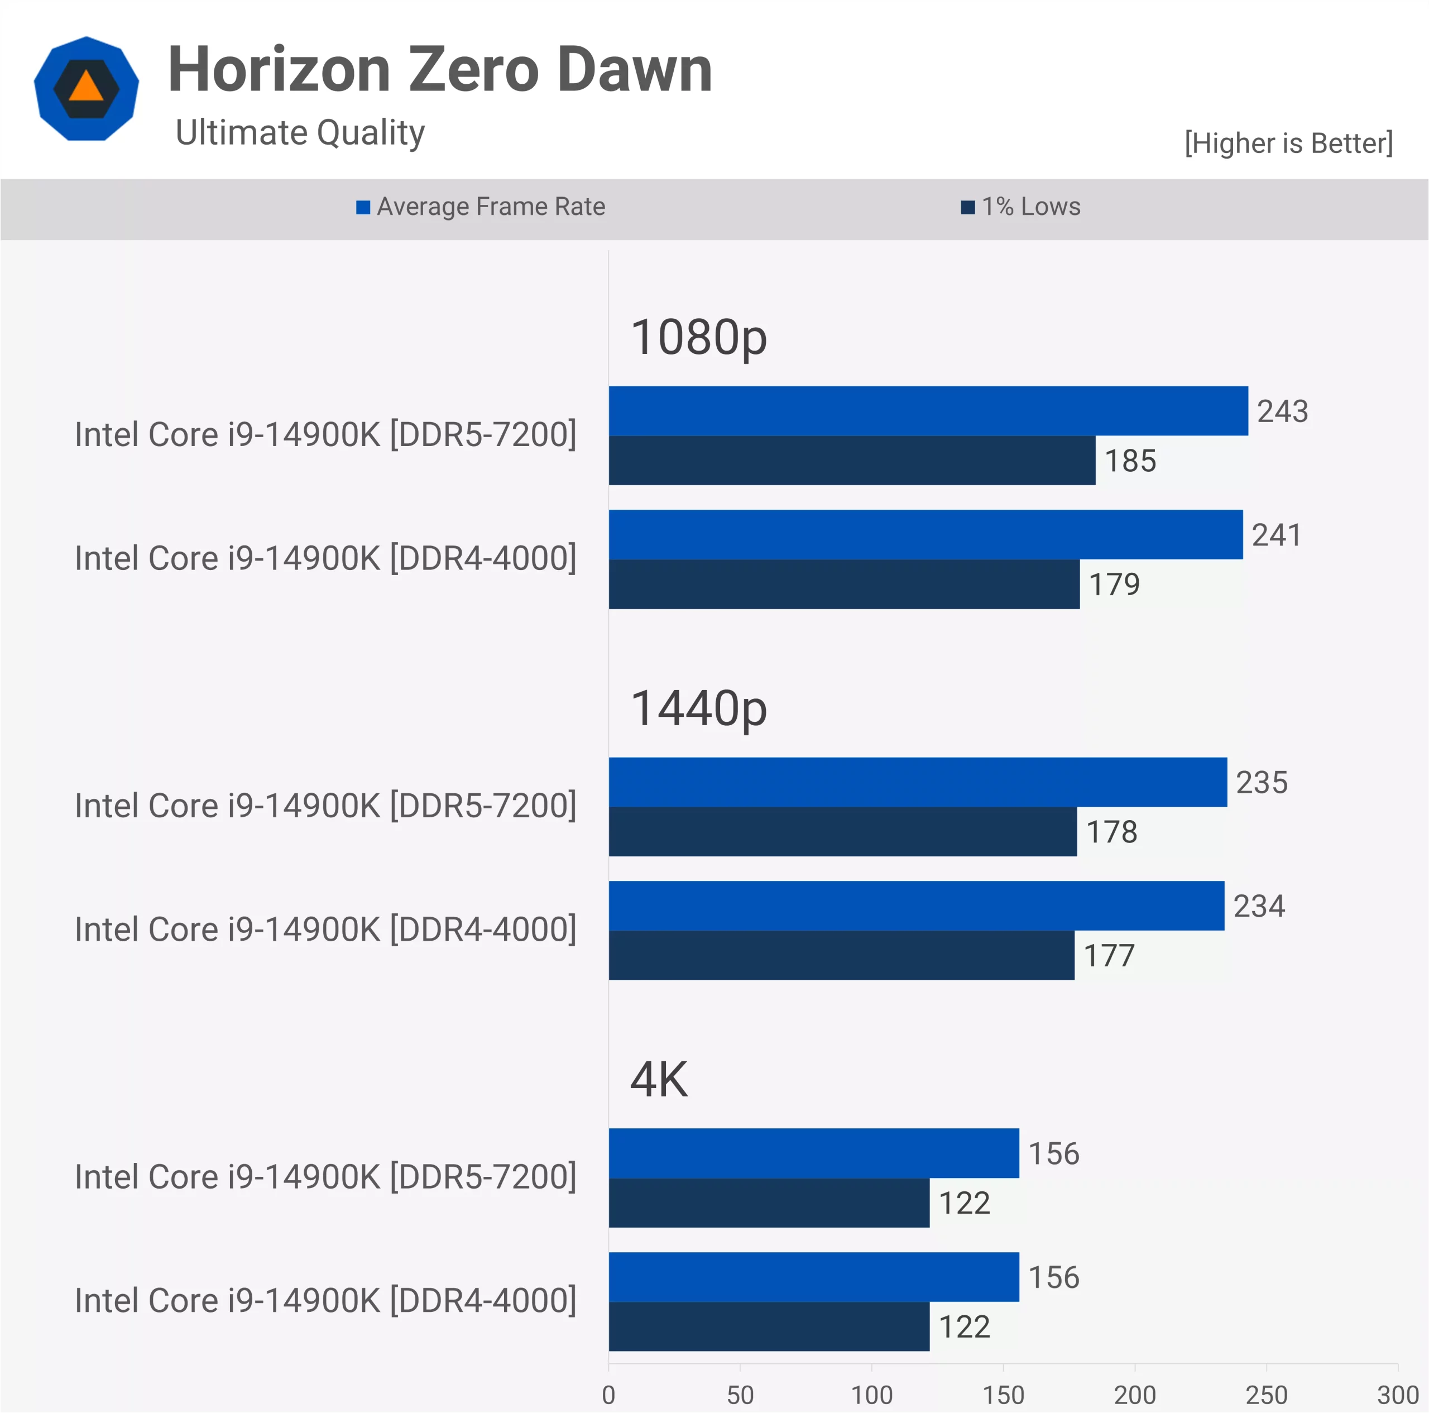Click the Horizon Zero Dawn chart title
coord(440,70)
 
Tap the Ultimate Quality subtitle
coord(300,133)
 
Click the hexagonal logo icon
coord(87,89)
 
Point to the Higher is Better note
coord(1288,143)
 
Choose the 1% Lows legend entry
coord(1021,207)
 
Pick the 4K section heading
coord(658,1080)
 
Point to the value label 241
coord(1276,535)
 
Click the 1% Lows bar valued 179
coord(844,585)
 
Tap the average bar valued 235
coord(918,783)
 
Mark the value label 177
coord(1109,956)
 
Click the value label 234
coord(1259,906)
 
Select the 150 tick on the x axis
coord(1003,1395)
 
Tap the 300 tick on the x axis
coord(1397,1395)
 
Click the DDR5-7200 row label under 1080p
coord(325,435)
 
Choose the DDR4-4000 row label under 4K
coord(325,1301)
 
